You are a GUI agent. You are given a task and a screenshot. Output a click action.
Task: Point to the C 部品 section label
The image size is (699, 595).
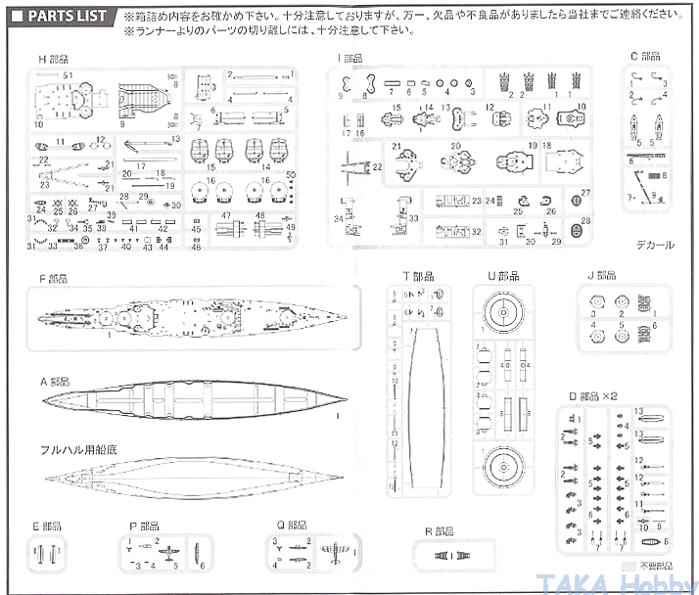(645, 57)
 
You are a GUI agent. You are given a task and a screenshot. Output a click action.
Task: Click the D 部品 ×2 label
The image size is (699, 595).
(593, 396)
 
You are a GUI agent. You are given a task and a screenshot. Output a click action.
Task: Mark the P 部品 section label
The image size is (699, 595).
(146, 526)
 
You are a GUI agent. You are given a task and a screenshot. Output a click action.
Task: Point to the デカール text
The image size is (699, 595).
(653, 245)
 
